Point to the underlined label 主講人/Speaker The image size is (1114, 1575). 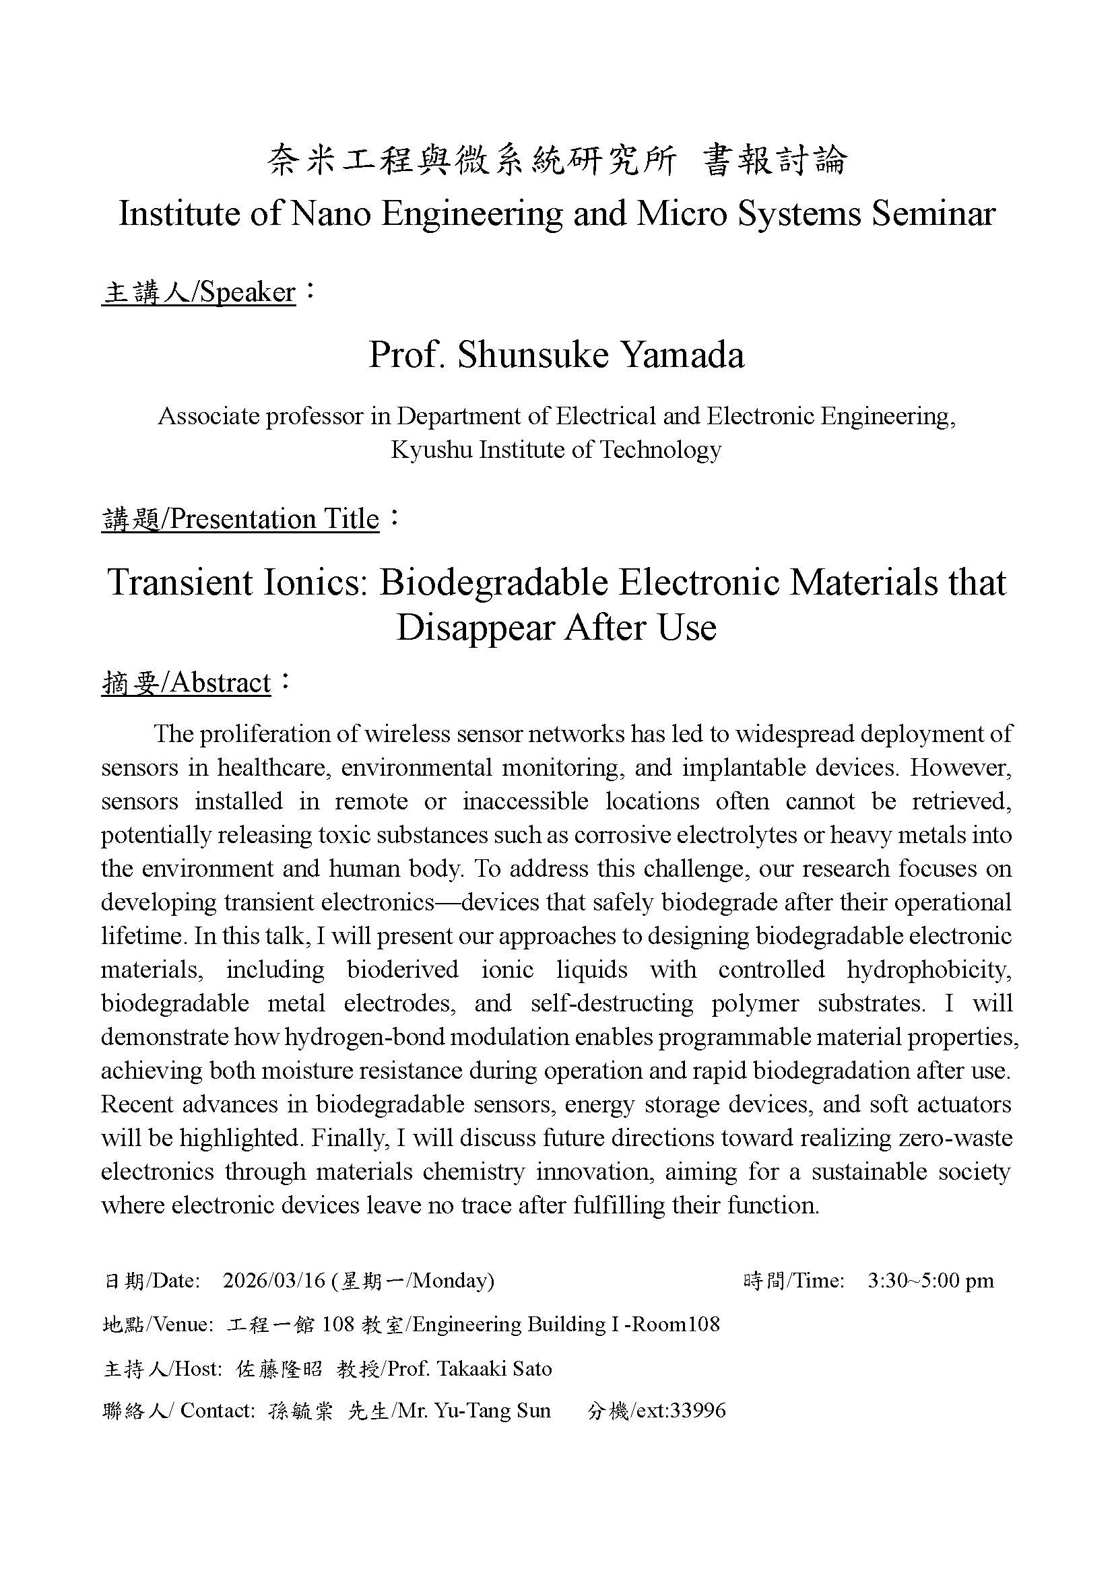point(199,293)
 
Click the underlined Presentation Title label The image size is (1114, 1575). point(240,519)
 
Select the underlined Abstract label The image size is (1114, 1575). point(187,683)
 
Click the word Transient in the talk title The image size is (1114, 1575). point(181,582)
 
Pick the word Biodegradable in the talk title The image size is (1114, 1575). point(494,582)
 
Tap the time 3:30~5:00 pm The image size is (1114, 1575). point(930,1281)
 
